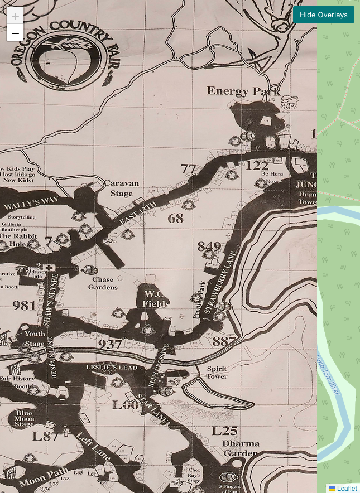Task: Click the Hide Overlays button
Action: coord(323,14)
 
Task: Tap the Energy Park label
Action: coord(243,91)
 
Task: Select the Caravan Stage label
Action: coord(122,188)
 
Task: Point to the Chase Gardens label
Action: coord(103,283)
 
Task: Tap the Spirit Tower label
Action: coord(217,373)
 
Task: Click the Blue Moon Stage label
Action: coord(24,418)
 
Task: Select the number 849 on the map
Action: coord(209,246)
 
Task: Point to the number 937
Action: coord(110,344)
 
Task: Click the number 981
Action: coord(24,306)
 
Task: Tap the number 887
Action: coord(224,341)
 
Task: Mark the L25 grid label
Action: coord(224,431)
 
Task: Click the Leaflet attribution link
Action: coord(347,489)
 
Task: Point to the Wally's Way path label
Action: coord(31,204)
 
